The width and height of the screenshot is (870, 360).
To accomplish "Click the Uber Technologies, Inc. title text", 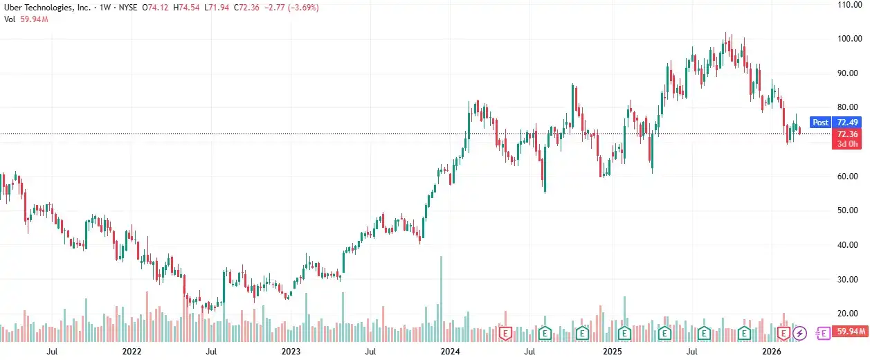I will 46,7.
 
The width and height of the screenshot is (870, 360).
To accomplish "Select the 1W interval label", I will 105,7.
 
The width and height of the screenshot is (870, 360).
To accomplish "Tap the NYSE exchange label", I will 128,7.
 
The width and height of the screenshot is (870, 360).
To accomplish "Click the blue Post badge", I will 820,123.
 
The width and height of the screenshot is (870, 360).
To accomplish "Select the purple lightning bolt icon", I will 801,333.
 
